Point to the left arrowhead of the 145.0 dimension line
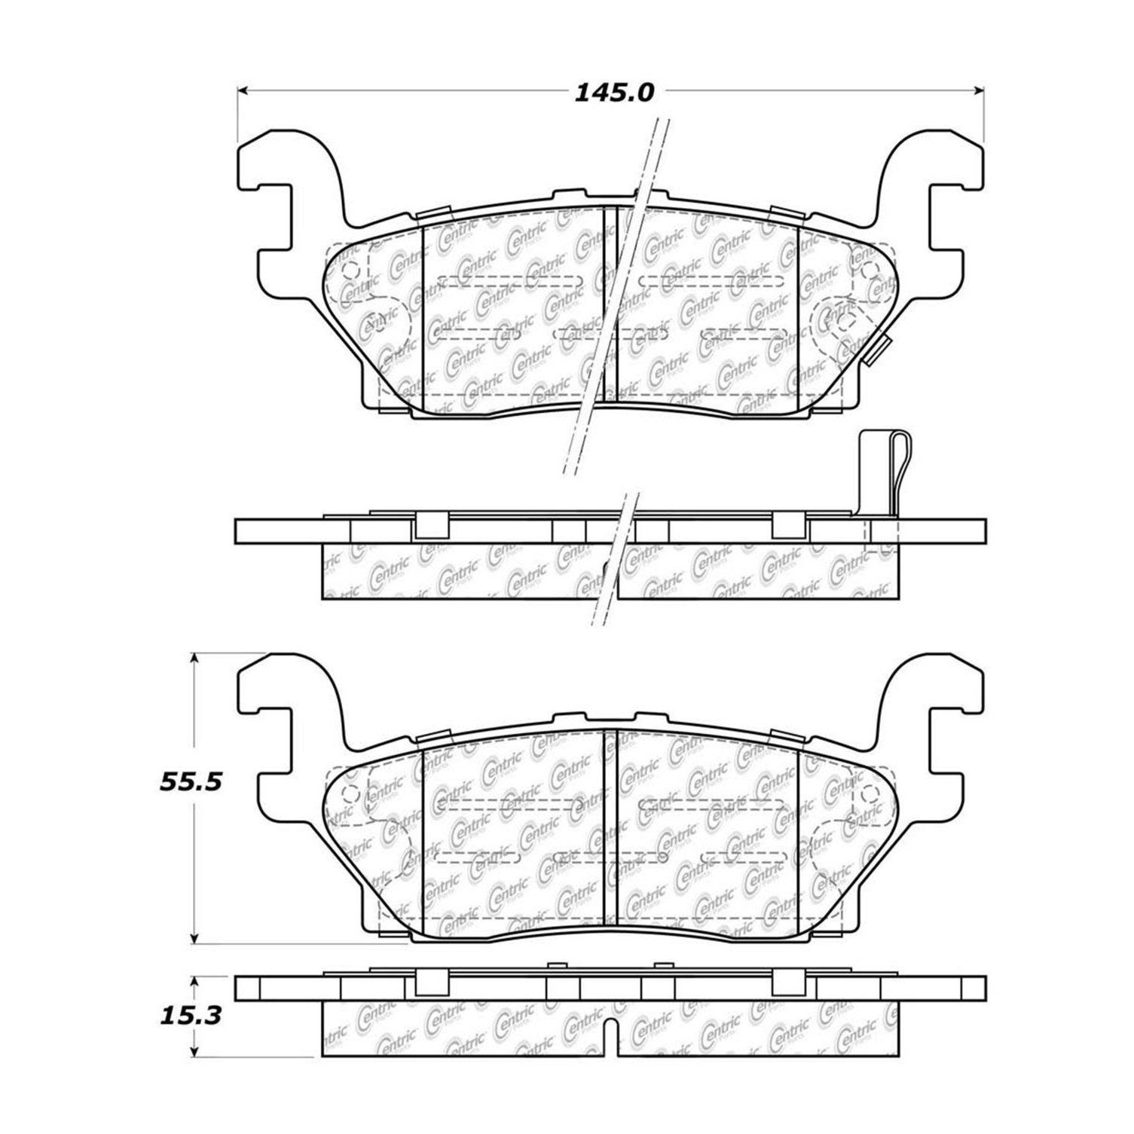pos(243,91)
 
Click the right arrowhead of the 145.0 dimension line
pos(980,91)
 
